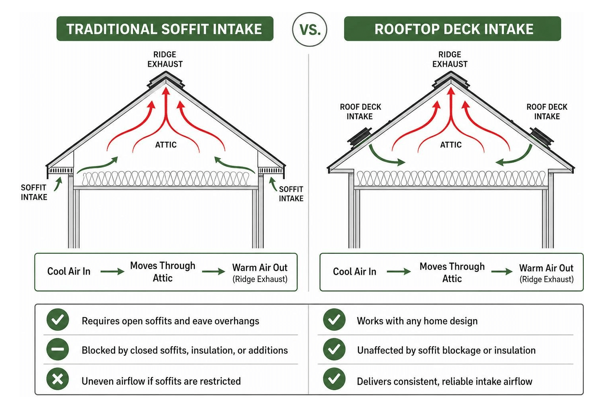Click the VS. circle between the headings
pos(309,29)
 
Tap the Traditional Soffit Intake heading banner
pos(165,28)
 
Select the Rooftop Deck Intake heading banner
pos(452,28)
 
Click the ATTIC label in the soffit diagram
pos(166,145)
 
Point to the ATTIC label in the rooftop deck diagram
pos(450,145)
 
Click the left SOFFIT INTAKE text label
pos(34,192)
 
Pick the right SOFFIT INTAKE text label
pos(291,194)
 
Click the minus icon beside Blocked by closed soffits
pos(58,349)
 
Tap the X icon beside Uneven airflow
pos(58,379)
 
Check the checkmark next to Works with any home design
pos(334,320)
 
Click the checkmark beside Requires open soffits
pos(58,320)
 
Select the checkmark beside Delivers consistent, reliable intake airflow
pos(334,379)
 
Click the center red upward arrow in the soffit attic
pos(166,119)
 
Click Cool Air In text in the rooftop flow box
pos(355,272)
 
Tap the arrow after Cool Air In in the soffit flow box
pos(112,271)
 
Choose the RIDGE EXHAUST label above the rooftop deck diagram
pos(450,60)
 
